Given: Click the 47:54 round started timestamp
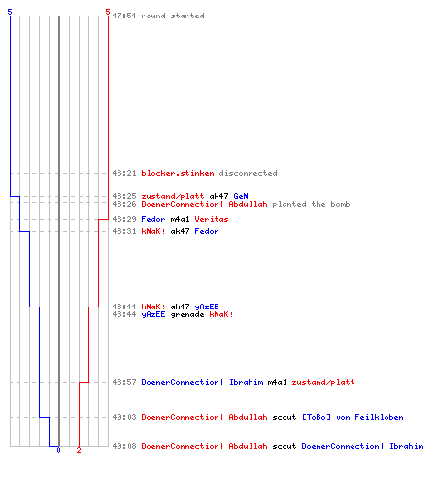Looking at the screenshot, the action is pos(124,16).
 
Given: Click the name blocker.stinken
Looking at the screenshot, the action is pos(178,173).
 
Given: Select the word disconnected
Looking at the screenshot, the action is pos(248,173).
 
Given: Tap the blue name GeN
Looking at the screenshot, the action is pos(241,196).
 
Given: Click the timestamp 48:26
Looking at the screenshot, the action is pos(124,204).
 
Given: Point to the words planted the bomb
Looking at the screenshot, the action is pos(311,204).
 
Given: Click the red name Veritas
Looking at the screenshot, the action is pos(212,219).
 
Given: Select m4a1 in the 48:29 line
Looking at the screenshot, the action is pos(180,219).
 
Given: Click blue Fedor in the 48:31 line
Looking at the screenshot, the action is pos(207,231).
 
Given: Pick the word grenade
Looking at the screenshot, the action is pos(187,314).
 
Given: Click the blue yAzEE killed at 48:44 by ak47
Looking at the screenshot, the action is pos(207,307).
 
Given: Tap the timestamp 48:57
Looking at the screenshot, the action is pos(124,382).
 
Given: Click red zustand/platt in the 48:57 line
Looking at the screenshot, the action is pos(323,382).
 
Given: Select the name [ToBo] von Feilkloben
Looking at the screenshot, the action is pos(353,417).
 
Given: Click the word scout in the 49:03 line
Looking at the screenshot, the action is pos(285,417).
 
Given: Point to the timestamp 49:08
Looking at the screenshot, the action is pos(124,446).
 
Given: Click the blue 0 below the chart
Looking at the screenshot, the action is pos(58,450).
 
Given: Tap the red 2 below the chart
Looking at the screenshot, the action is pos(79,450).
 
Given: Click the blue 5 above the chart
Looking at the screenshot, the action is pos(10,12).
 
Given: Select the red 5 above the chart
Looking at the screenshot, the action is pos(108,12).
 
